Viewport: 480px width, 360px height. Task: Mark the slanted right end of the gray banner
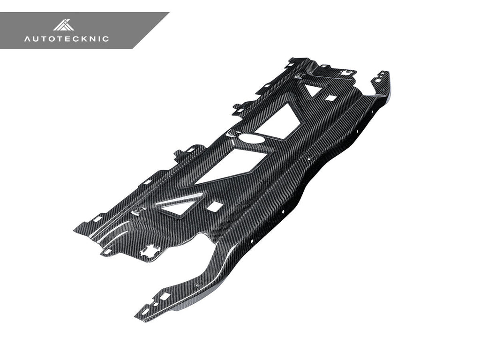click(151, 30)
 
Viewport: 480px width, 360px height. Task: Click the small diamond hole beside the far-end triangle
click(331, 98)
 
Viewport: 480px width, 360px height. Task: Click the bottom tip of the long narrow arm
click(139, 315)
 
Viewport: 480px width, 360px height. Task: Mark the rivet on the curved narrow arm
click(196, 285)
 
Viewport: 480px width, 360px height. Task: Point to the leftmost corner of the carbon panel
click(75, 231)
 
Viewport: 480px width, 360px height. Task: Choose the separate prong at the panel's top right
click(381, 82)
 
